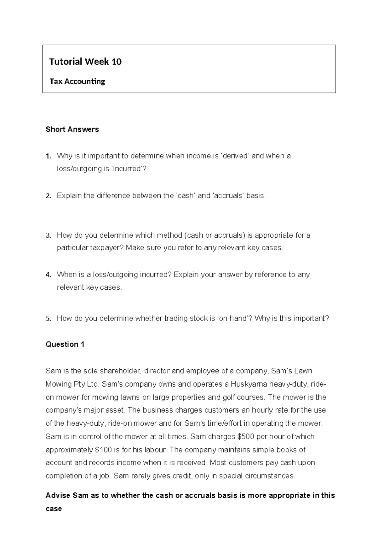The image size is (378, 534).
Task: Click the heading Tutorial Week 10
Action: coord(85,61)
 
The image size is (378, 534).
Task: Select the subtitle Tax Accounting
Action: coord(77,82)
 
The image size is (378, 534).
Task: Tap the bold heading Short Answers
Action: coord(72,129)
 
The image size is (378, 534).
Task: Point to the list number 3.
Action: coord(48,235)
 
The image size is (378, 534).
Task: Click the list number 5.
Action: coord(48,318)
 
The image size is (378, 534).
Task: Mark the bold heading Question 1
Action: coord(65,344)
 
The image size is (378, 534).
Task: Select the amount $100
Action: coord(103,450)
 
